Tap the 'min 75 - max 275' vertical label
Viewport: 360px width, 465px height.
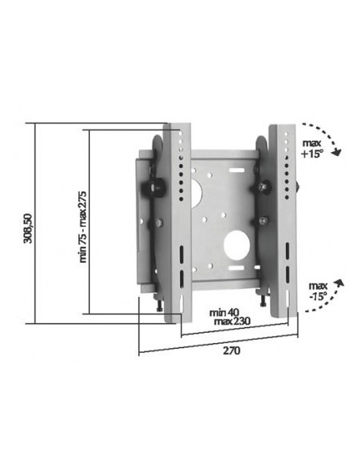pos(83,225)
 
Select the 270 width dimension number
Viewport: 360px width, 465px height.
pos(231,350)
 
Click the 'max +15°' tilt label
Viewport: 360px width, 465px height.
pos(313,147)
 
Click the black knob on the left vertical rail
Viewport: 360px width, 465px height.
pos(154,188)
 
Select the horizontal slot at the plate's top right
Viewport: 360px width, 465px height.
pos(237,170)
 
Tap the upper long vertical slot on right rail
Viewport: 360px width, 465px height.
pos(287,255)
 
